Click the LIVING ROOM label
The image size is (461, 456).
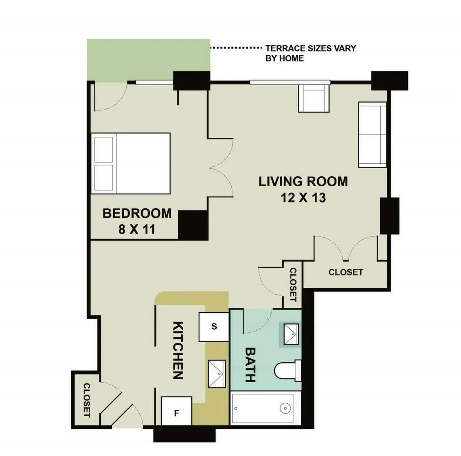tap(303, 181)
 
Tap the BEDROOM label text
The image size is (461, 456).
tap(137, 213)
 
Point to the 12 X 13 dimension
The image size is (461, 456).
tap(303, 198)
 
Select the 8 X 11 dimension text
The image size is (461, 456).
tap(136, 230)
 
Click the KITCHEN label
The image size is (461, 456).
tap(177, 350)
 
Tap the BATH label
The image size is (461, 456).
tap(250, 365)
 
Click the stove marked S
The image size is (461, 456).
tap(214, 327)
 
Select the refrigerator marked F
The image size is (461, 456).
tap(176, 411)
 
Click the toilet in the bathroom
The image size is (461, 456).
tap(288, 371)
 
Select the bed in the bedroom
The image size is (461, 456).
tap(131, 163)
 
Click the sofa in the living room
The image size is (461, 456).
tap(372, 134)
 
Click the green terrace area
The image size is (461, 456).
tap(148, 60)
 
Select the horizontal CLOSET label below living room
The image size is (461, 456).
tap(345, 272)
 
